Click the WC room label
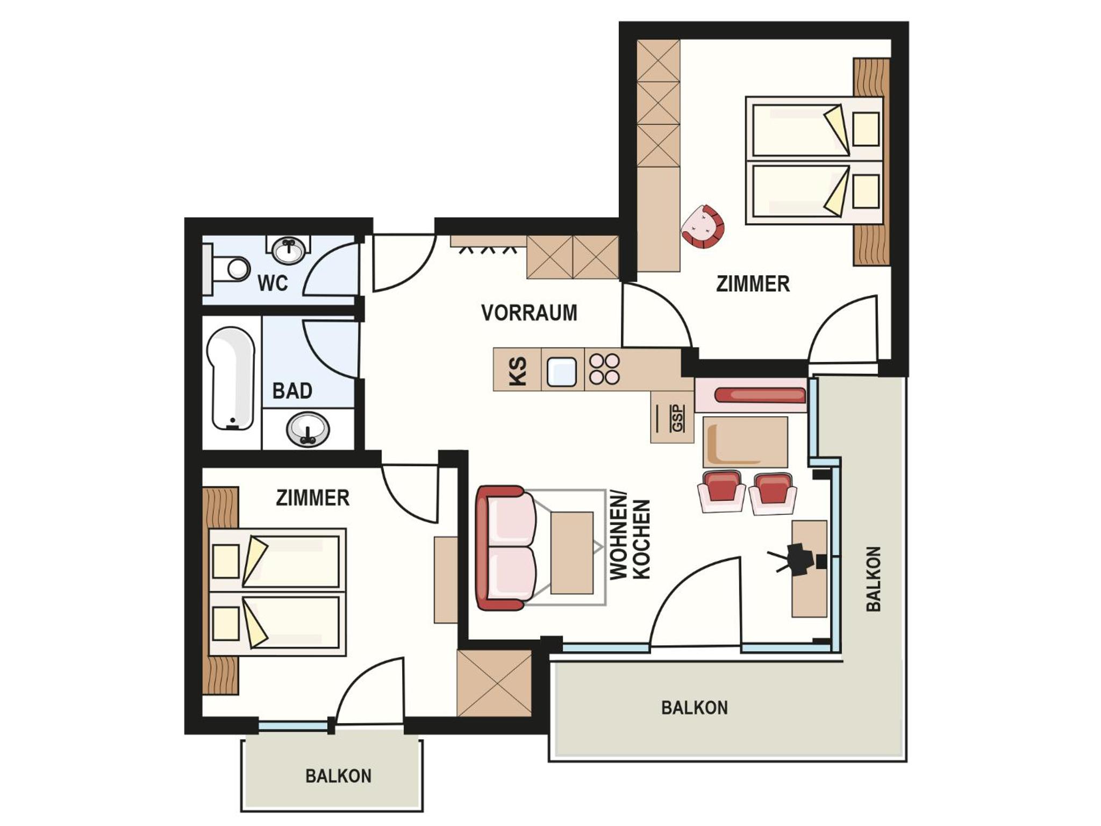(273, 283)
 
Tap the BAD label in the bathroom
(292, 391)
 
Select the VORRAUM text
(529, 313)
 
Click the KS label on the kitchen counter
(518, 371)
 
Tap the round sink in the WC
(289, 250)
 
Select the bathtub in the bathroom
(231, 379)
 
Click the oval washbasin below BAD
(308, 429)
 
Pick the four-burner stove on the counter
(605, 369)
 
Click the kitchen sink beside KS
(562, 372)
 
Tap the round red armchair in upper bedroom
(703, 226)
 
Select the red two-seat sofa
(506, 548)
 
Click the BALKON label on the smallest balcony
(338, 776)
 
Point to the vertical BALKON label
(874, 579)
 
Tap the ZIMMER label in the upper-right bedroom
(753, 284)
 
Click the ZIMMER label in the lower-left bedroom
(313, 498)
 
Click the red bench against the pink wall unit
(760, 395)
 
